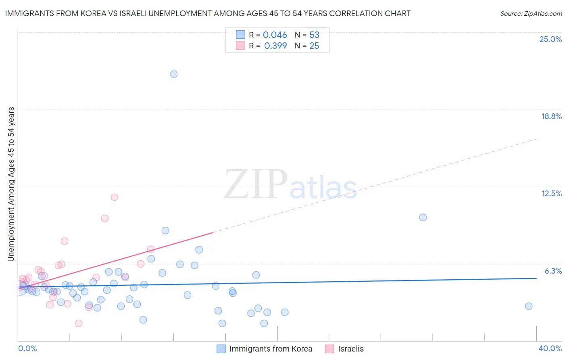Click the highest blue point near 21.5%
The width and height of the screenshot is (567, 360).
pos(174,74)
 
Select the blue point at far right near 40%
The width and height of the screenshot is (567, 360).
pos(529,306)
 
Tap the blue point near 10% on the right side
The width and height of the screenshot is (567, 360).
pos(423,217)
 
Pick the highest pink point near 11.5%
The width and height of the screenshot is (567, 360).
pos(114,197)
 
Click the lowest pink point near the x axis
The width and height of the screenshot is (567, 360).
pos(79,323)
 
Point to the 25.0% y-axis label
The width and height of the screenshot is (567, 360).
pos(550,39)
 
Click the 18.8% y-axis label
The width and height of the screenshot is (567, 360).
pos(551,116)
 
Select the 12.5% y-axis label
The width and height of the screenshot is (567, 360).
pos(551,193)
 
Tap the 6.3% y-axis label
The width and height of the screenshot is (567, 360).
pos(553,271)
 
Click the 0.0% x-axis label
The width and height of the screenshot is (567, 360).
pos(27,348)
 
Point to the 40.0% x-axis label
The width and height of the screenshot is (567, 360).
pos(550,348)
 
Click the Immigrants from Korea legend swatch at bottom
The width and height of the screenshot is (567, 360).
pos(221,349)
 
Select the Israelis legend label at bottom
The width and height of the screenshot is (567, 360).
pos(351,349)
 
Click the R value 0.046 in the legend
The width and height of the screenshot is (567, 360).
pos(275,35)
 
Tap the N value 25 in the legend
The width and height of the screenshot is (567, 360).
pos(314,46)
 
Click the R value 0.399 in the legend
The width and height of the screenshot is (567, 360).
pos(275,46)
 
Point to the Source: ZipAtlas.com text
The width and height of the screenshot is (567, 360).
pos(531,13)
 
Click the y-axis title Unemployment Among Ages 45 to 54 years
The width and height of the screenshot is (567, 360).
pos(11,184)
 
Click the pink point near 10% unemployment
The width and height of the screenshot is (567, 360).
pos(105,218)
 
